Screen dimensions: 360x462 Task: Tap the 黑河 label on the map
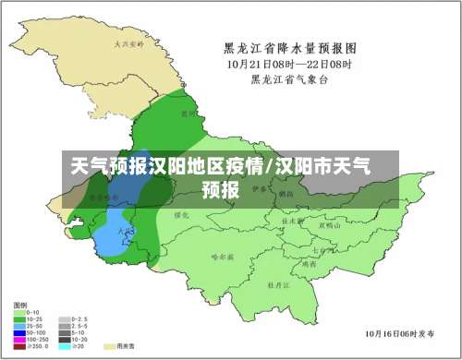[x=188, y=114]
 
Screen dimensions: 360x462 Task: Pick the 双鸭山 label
[x=330, y=224]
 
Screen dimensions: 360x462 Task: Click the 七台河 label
[x=322, y=249]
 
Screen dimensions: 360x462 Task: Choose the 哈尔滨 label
[x=222, y=257]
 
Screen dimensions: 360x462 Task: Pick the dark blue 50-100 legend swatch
[x=18, y=332]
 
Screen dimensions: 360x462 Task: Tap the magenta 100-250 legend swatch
[x=18, y=339]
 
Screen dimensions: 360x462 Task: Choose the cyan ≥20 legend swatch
[x=64, y=346]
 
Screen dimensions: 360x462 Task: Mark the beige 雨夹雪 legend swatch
[x=110, y=346]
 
